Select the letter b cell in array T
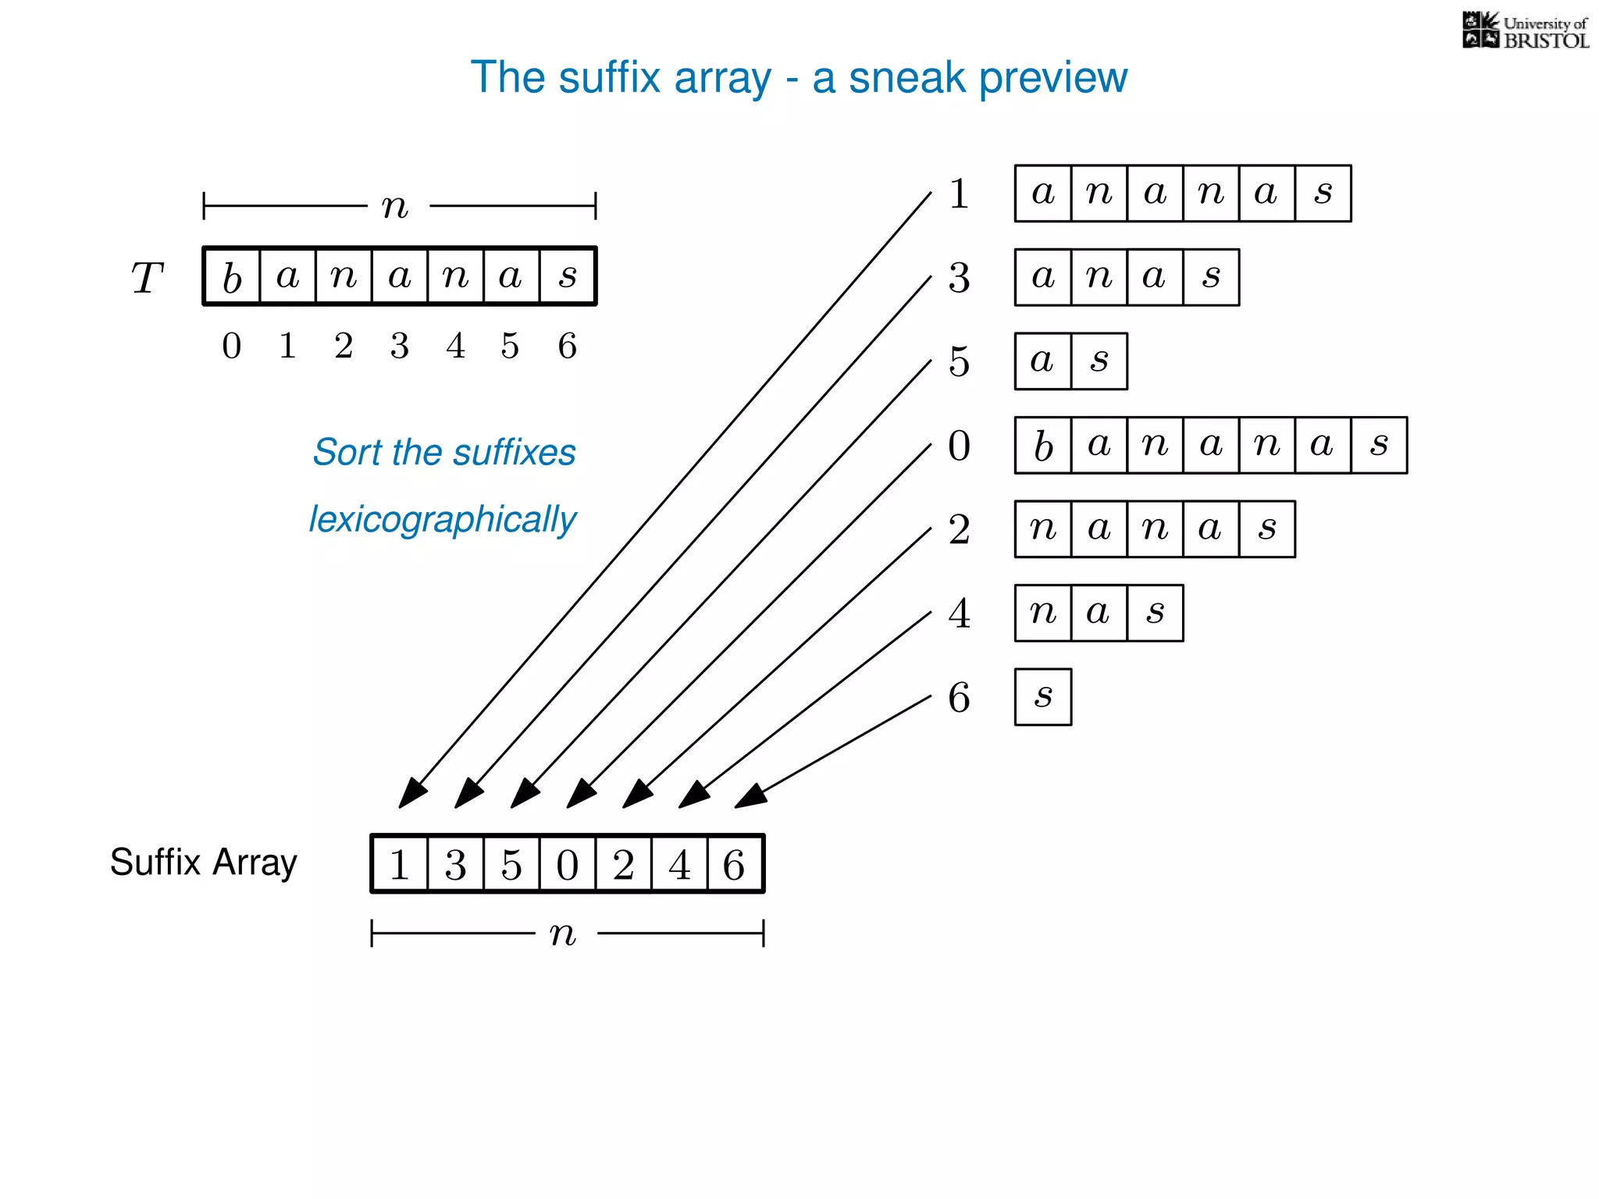tap(232, 276)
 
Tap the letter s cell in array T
tap(568, 276)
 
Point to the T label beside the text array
tap(147, 278)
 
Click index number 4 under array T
tap(455, 346)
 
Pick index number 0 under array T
tap(232, 346)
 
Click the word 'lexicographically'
tap(442, 520)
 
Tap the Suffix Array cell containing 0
tap(568, 864)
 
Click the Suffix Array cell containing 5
tap(511, 864)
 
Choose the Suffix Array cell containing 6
tap(735, 864)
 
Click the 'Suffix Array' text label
tap(203, 863)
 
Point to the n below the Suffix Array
tap(562, 934)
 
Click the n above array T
tap(395, 207)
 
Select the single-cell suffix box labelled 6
tap(1043, 697)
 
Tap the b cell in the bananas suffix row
tap(1043, 446)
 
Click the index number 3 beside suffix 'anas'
tap(959, 278)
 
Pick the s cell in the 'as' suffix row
tap(1099, 361)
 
